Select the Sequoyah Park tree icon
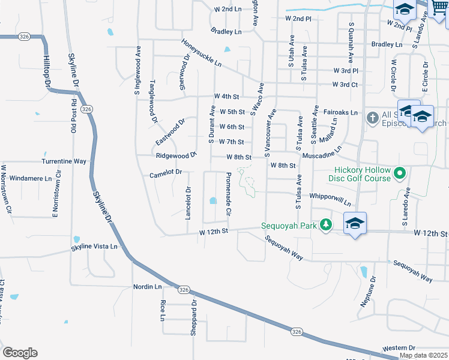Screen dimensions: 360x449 tap(325, 224)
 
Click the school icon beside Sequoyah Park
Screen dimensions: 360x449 tap(355, 224)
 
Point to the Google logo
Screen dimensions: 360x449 tap(20, 353)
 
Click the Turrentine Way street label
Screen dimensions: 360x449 tap(64, 161)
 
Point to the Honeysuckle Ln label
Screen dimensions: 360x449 tap(202, 53)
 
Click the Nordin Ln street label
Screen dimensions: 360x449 tap(148, 287)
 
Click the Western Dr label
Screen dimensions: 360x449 tap(399, 348)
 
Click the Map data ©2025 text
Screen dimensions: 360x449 tap(423, 355)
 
